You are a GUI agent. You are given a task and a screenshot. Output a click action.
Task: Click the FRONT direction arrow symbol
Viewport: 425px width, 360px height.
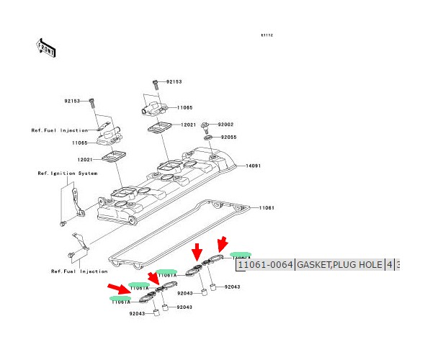46,48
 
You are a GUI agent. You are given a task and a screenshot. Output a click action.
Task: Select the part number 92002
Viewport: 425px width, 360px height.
227,125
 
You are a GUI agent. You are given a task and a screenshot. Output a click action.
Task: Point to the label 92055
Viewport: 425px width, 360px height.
228,137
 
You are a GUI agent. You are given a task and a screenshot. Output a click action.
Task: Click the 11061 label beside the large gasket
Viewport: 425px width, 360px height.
267,207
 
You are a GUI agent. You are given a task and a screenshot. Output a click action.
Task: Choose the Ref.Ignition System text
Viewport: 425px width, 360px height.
68,174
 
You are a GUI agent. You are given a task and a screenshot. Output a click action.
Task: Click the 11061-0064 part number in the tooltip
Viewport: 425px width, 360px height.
266,265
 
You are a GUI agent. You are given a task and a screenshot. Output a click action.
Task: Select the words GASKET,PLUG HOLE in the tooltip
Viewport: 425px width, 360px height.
340,265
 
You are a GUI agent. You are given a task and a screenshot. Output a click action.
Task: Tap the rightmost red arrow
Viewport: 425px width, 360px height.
223,244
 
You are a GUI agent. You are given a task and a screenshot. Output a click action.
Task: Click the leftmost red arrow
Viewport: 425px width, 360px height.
119,289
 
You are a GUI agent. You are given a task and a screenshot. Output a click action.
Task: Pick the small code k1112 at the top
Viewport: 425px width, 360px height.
267,35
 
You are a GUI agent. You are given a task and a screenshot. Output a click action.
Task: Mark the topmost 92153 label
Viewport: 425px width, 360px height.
174,82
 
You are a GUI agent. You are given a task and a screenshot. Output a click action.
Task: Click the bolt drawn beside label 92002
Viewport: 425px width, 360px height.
205,126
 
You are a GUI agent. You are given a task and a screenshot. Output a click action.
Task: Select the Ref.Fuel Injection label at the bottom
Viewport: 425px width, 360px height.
79,271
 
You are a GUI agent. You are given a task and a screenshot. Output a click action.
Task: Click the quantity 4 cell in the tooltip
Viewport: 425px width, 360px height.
390,265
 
